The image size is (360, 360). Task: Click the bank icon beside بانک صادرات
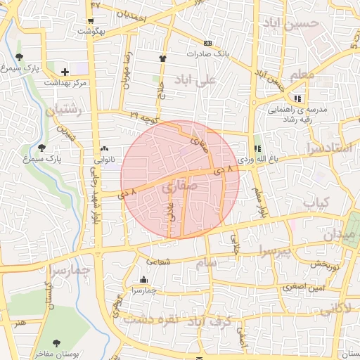pyautogui.click(x=207, y=43)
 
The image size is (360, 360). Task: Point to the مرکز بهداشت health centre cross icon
pyautogui.click(x=65, y=72)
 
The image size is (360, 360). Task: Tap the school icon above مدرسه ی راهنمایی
pyautogui.click(x=298, y=98)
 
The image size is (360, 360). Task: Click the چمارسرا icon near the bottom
pyautogui.click(x=144, y=280)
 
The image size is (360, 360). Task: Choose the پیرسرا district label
pyautogui.click(x=273, y=251)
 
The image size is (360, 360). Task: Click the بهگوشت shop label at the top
pyautogui.click(x=92, y=31)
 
